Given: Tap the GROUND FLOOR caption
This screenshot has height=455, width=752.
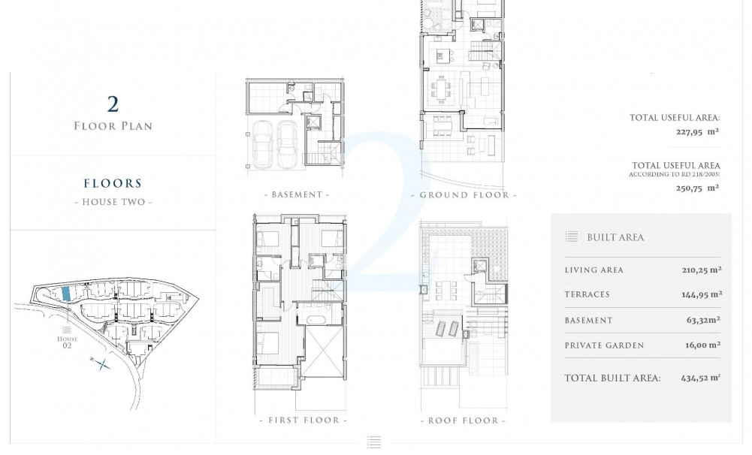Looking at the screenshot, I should (x=464, y=195).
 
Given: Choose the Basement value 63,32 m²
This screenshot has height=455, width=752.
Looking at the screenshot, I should (x=702, y=320).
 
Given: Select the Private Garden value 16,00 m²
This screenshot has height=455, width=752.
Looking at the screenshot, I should (x=702, y=345).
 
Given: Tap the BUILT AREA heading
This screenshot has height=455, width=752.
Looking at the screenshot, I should (x=615, y=237).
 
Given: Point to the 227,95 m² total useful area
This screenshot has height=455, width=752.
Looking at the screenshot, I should (x=697, y=131).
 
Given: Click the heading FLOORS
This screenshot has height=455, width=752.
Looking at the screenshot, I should (x=113, y=182).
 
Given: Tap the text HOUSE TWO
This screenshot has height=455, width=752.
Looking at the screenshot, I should (x=113, y=202).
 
